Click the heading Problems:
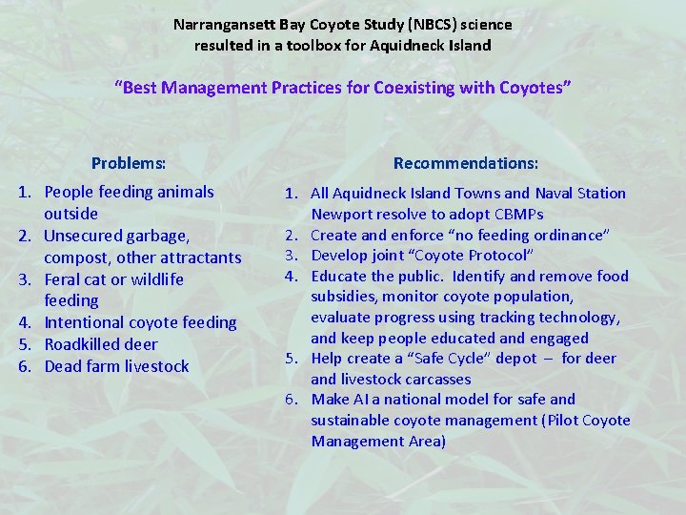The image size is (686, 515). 129,163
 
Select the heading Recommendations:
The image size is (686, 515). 465,163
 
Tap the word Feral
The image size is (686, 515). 64,279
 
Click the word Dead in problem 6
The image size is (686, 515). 62,366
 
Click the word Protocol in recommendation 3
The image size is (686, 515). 499,256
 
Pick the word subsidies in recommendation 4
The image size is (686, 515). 343,297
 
